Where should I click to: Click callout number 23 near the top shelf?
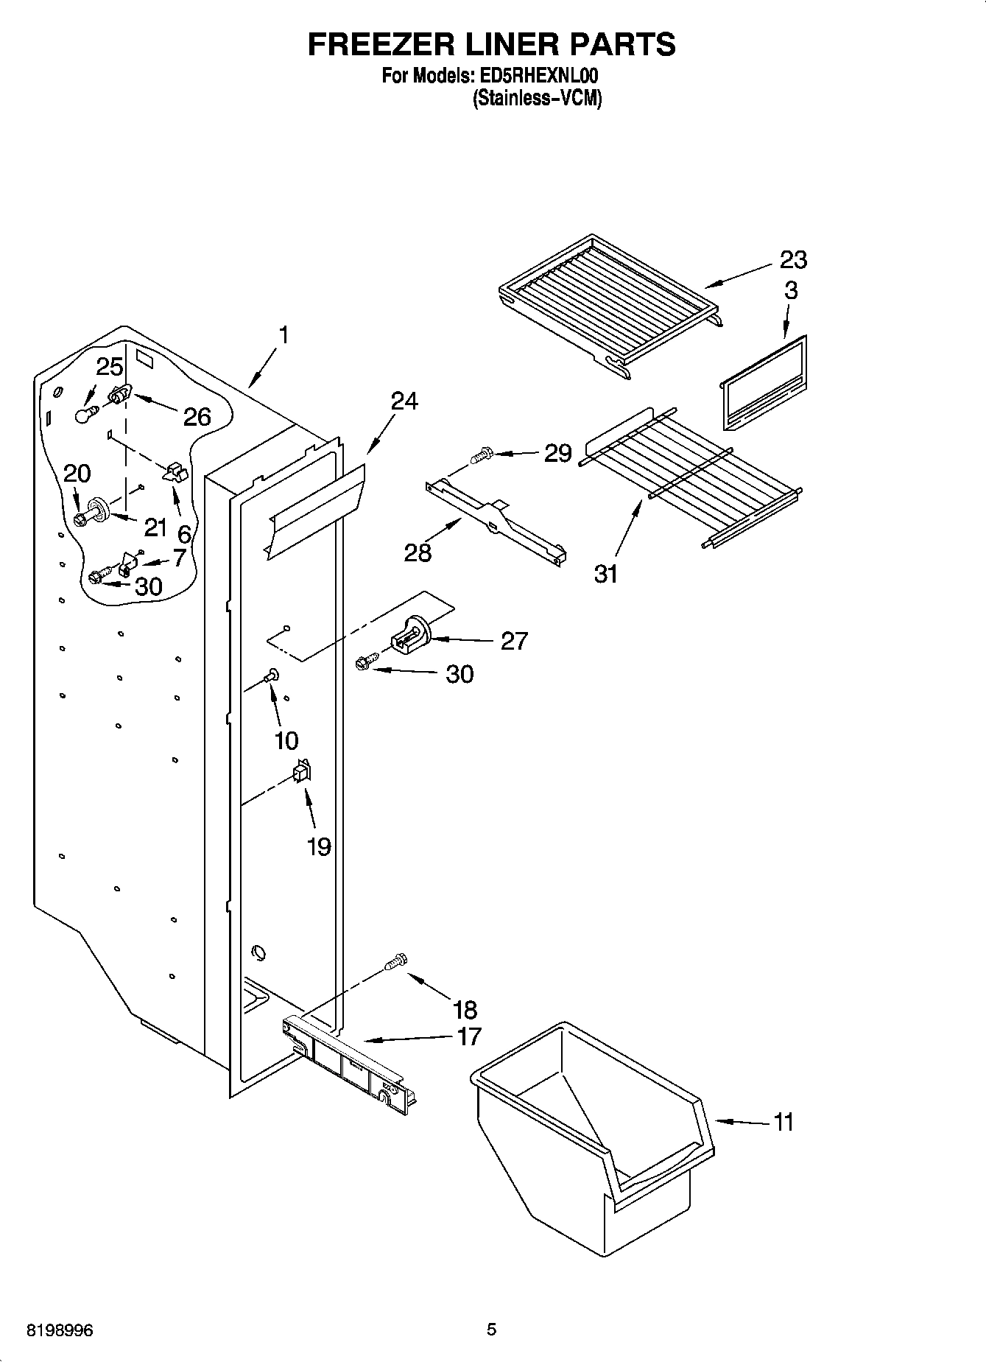coord(793,259)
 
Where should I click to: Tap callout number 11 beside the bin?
coord(783,1122)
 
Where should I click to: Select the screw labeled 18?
coord(396,961)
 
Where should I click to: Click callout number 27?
coord(514,641)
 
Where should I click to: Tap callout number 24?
coord(404,401)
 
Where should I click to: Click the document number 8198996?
coord(60,1330)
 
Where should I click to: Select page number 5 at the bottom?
coord(492,1330)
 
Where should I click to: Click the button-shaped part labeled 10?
coord(272,673)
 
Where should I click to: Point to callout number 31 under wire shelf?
coord(606,573)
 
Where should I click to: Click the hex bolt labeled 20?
coord(81,519)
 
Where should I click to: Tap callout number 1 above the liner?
coord(283,335)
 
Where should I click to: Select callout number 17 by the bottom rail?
coord(468,1036)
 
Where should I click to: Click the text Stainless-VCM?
coord(537,99)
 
